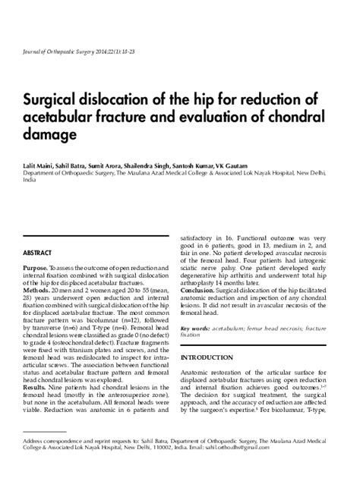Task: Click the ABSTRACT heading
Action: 38,252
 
